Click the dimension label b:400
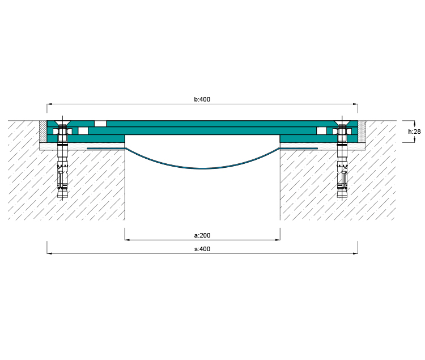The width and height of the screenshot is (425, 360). point(202,99)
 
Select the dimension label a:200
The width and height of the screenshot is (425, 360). point(202,235)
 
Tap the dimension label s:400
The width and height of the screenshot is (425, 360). point(202,249)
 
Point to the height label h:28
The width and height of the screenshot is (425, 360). point(414,132)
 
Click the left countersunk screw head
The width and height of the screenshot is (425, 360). point(62,123)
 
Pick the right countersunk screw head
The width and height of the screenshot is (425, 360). point(342,123)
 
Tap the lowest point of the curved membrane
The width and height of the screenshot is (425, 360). point(202,168)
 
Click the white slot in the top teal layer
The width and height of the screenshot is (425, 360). point(100,124)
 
